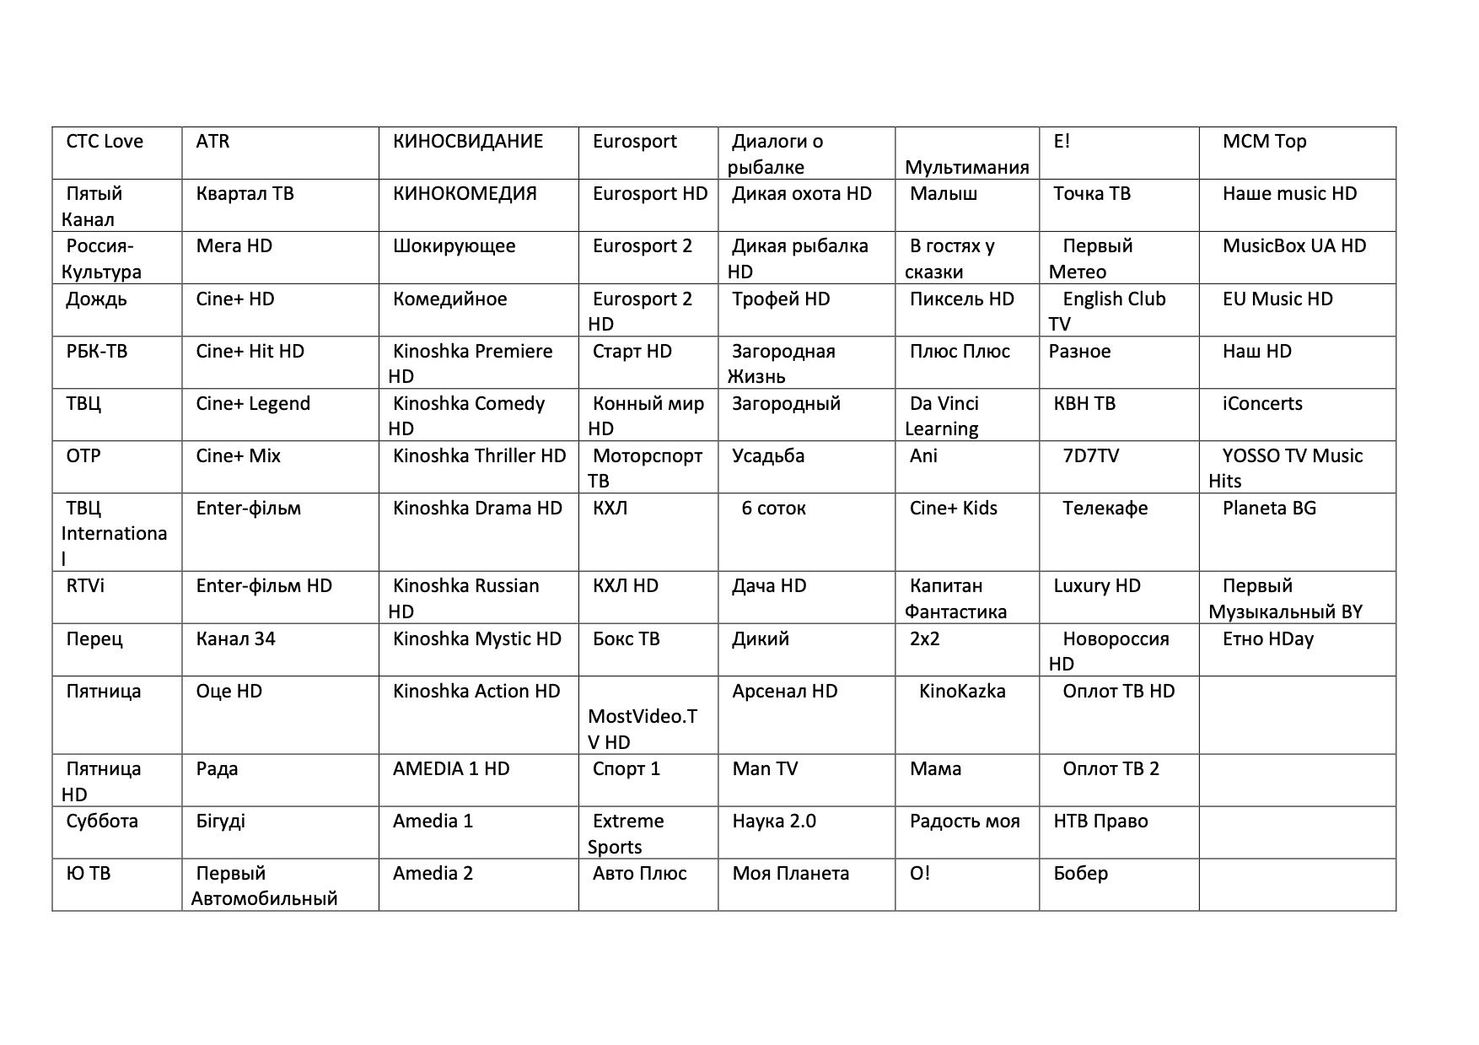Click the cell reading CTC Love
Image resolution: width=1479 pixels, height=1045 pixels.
pyautogui.click(x=105, y=142)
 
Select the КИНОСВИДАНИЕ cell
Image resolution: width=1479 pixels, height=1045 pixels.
pyautogui.click(x=468, y=142)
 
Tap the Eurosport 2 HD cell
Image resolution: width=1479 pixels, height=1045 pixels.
pyautogui.click(x=643, y=310)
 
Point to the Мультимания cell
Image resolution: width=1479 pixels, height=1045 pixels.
pyautogui.click(x=966, y=167)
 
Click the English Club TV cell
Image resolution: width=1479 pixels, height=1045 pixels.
pyautogui.click(x=1106, y=310)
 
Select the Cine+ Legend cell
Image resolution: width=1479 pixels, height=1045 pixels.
pyautogui.click(x=253, y=404)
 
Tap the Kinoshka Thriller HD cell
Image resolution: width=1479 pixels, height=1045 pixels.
pyautogui.click(x=479, y=456)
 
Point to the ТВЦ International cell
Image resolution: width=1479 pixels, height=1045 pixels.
pyautogui.click(x=114, y=532)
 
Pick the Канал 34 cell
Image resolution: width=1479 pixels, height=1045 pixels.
pyautogui.click(x=235, y=639)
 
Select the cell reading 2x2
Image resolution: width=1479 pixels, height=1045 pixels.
pyautogui.click(x=924, y=639)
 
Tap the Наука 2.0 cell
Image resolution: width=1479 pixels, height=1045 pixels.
pyautogui.click(x=774, y=821)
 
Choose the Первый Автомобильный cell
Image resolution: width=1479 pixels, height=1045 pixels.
pyautogui.click(x=264, y=886)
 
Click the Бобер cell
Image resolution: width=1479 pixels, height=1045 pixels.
pyautogui.click(x=1080, y=874)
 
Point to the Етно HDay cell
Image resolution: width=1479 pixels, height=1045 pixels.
pyautogui.click(x=1267, y=639)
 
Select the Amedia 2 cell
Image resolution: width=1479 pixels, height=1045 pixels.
pyautogui.click(x=433, y=874)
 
